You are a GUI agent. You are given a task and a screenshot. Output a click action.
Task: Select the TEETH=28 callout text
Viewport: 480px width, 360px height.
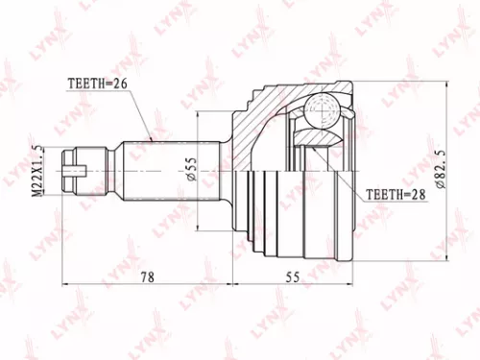tap(395, 193)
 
